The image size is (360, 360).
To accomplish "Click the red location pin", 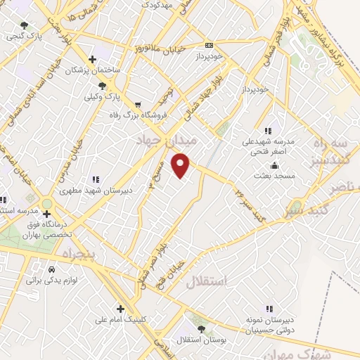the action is [x=181, y=164].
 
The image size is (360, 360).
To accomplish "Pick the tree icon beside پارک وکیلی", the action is [x=103, y=85].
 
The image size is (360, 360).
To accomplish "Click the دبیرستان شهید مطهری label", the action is [x=87, y=190].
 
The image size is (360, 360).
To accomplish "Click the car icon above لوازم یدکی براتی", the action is [x=51, y=269].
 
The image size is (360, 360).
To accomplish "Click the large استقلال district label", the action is [x=208, y=282].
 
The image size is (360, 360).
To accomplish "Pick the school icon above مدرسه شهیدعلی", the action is [x=268, y=131].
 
